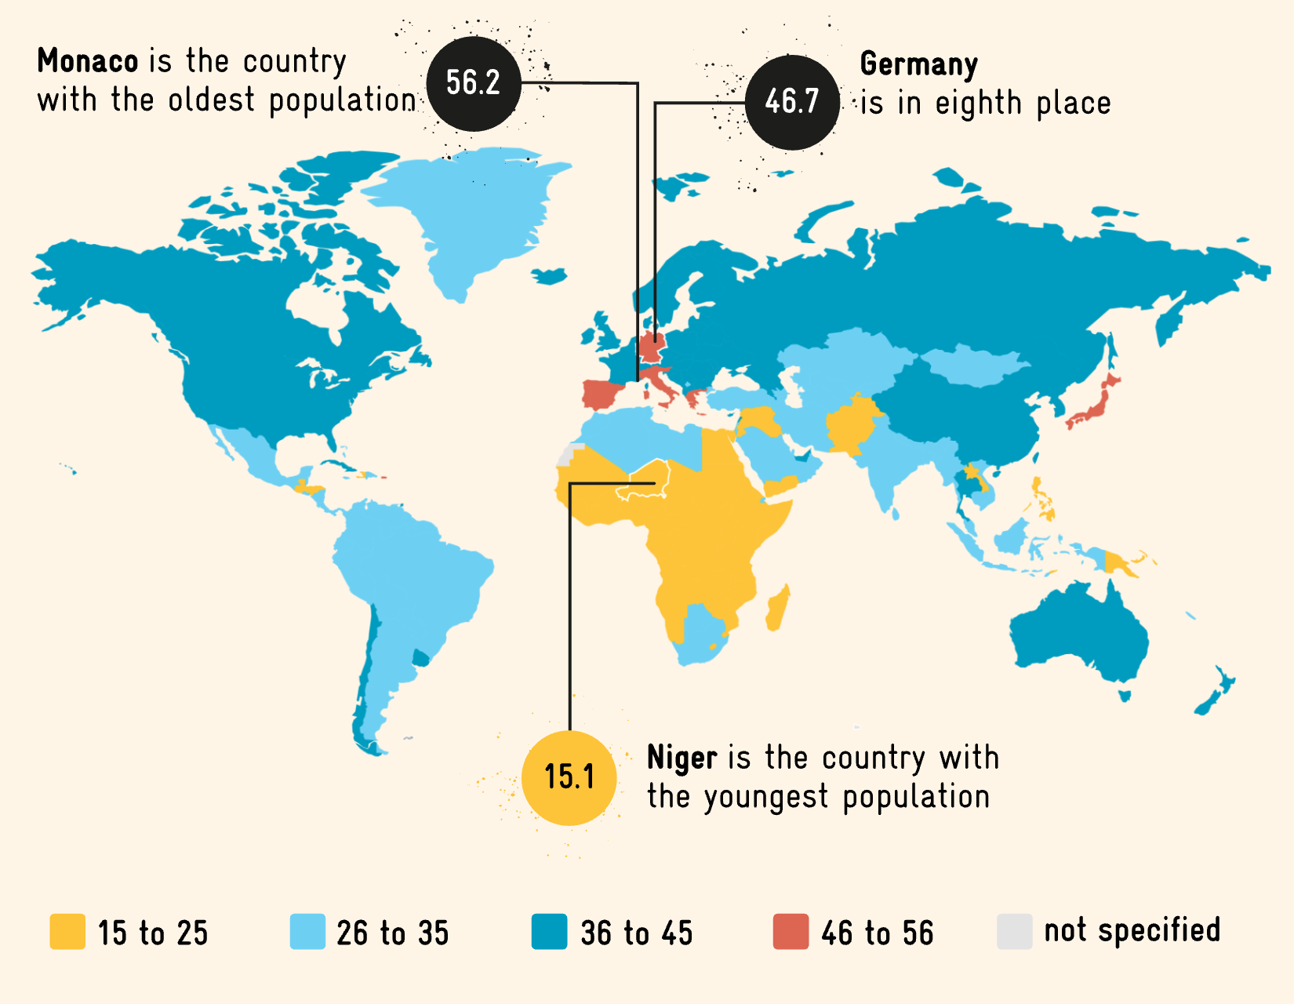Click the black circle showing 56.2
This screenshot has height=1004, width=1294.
pyautogui.click(x=474, y=83)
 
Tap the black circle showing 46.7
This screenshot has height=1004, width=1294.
pyautogui.click(x=792, y=102)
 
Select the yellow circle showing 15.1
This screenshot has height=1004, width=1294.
pyautogui.click(x=569, y=777)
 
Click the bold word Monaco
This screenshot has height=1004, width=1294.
pyautogui.click(x=87, y=61)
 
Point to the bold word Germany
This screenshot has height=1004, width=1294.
pyautogui.click(x=918, y=64)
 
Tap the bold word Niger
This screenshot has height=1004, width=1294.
pyautogui.click(x=682, y=758)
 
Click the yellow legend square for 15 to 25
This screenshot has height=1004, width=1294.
pyautogui.click(x=67, y=932)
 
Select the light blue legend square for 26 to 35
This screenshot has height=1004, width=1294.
pyautogui.click(x=307, y=932)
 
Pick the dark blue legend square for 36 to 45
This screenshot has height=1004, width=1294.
pyautogui.click(x=549, y=932)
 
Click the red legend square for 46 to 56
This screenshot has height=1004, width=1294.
pyautogui.click(x=791, y=932)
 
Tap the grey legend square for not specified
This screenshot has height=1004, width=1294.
pyautogui.click(x=1014, y=932)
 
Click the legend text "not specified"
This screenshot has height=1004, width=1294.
pyautogui.click(x=1132, y=930)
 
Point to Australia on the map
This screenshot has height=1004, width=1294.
pyautogui.click(x=1082, y=635)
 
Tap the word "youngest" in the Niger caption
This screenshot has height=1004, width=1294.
pyautogui.click(x=765, y=797)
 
